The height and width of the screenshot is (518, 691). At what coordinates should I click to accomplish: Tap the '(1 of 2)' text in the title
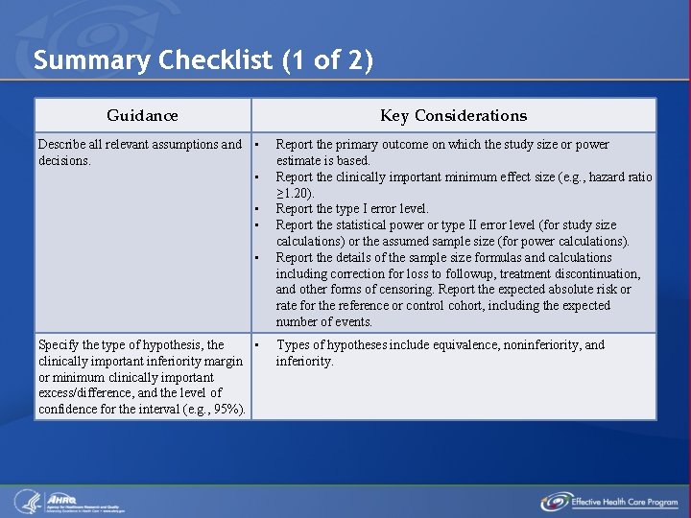pos(327,60)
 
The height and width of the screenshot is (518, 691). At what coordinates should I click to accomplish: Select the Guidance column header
pos(142,115)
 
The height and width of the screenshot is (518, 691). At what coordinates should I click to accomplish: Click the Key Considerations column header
pos(453,115)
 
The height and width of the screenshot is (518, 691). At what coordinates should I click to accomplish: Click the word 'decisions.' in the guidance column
pos(64,161)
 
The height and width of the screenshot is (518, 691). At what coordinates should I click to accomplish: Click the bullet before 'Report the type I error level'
pos(257,209)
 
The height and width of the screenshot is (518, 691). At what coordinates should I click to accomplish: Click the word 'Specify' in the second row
pos(59,344)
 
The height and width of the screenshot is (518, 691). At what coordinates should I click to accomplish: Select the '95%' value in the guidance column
pos(229,410)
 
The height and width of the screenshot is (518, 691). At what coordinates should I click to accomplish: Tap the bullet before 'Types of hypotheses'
pos(257,345)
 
